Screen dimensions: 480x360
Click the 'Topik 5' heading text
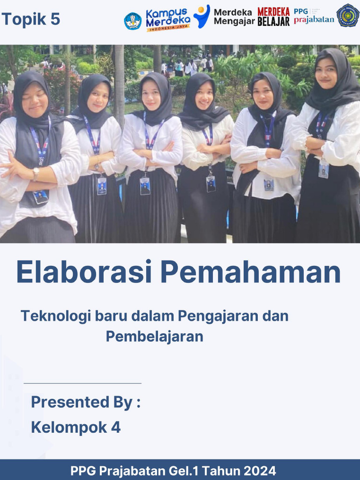point(31,19)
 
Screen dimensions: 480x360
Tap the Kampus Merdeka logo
point(168,20)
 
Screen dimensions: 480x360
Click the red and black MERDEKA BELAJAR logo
point(273,17)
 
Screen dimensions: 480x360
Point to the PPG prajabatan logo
point(314,16)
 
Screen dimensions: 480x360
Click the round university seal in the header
point(348,15)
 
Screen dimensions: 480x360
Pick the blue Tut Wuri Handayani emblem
point(133,21)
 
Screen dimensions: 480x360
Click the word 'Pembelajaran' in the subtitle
point(154,337)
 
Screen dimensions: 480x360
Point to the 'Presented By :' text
point(86,402)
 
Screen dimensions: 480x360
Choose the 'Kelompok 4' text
point(75,427)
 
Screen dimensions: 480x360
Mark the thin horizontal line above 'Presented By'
point(82,383)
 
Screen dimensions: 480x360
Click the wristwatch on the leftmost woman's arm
point(36,174)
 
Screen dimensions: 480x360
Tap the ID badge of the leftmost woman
point(41,196)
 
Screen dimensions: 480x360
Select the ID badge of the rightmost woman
point(323,169)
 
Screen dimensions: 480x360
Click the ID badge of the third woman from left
point(145,186)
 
